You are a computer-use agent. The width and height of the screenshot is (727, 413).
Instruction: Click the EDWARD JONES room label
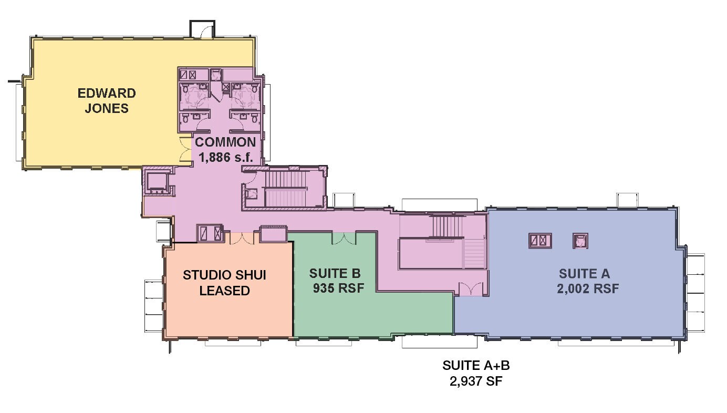coord(107,101)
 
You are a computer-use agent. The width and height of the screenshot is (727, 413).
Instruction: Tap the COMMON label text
coord(225,142)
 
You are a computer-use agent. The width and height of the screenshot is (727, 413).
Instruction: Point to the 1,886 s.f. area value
coord(225,158)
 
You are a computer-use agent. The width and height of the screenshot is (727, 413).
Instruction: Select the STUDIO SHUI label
coord(224,275)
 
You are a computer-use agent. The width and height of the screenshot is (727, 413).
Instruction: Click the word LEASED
coord(224,291)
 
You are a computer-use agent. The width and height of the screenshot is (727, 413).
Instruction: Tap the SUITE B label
coord(335,273)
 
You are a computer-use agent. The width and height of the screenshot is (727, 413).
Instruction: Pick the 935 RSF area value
coord(338,288)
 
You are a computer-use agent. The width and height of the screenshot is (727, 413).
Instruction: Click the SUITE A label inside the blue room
coord(584,274)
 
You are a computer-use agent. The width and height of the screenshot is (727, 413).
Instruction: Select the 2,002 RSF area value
coord(588,288)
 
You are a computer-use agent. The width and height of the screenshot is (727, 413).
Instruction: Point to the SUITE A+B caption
coord(476,365)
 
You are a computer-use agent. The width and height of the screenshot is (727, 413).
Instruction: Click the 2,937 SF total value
coord(476,381)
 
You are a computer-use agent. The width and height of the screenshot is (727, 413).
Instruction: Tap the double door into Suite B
coord(344,238)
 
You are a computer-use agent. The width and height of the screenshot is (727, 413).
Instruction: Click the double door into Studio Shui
coord(242,238)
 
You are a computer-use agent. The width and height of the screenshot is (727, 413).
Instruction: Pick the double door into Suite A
coord(471,289)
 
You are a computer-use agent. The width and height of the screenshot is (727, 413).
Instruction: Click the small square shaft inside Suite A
coord(580,241)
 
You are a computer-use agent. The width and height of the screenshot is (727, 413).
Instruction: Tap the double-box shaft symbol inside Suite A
coord(540,241)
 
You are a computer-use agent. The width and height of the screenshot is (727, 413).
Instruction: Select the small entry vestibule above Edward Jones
coord(202,29)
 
